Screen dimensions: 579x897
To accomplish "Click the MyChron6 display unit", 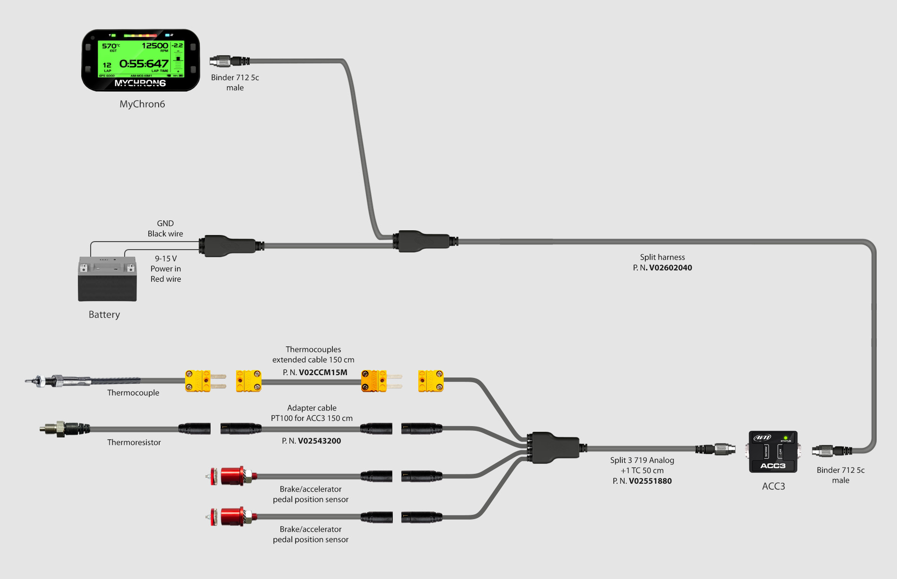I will click(141, 60).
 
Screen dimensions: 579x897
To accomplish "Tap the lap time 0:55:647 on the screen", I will click(144, 64).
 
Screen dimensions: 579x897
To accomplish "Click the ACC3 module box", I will click(773, 452).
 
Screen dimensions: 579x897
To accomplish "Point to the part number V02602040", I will click(670, 268).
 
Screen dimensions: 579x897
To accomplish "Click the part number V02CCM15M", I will click(323, 372).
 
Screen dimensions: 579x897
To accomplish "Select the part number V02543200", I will click(319, 441).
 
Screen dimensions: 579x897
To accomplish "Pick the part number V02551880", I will click(650, 481).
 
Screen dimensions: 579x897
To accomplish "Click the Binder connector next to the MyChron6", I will click(229, 61).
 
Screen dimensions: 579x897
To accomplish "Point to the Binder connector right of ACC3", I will click(831, 451).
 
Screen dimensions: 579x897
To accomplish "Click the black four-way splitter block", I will click(555, 447).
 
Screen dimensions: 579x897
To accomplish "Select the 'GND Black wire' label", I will click(165, 228).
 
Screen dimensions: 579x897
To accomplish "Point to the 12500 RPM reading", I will click(155, 46).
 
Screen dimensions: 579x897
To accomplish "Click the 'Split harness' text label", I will click(662, 257).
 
